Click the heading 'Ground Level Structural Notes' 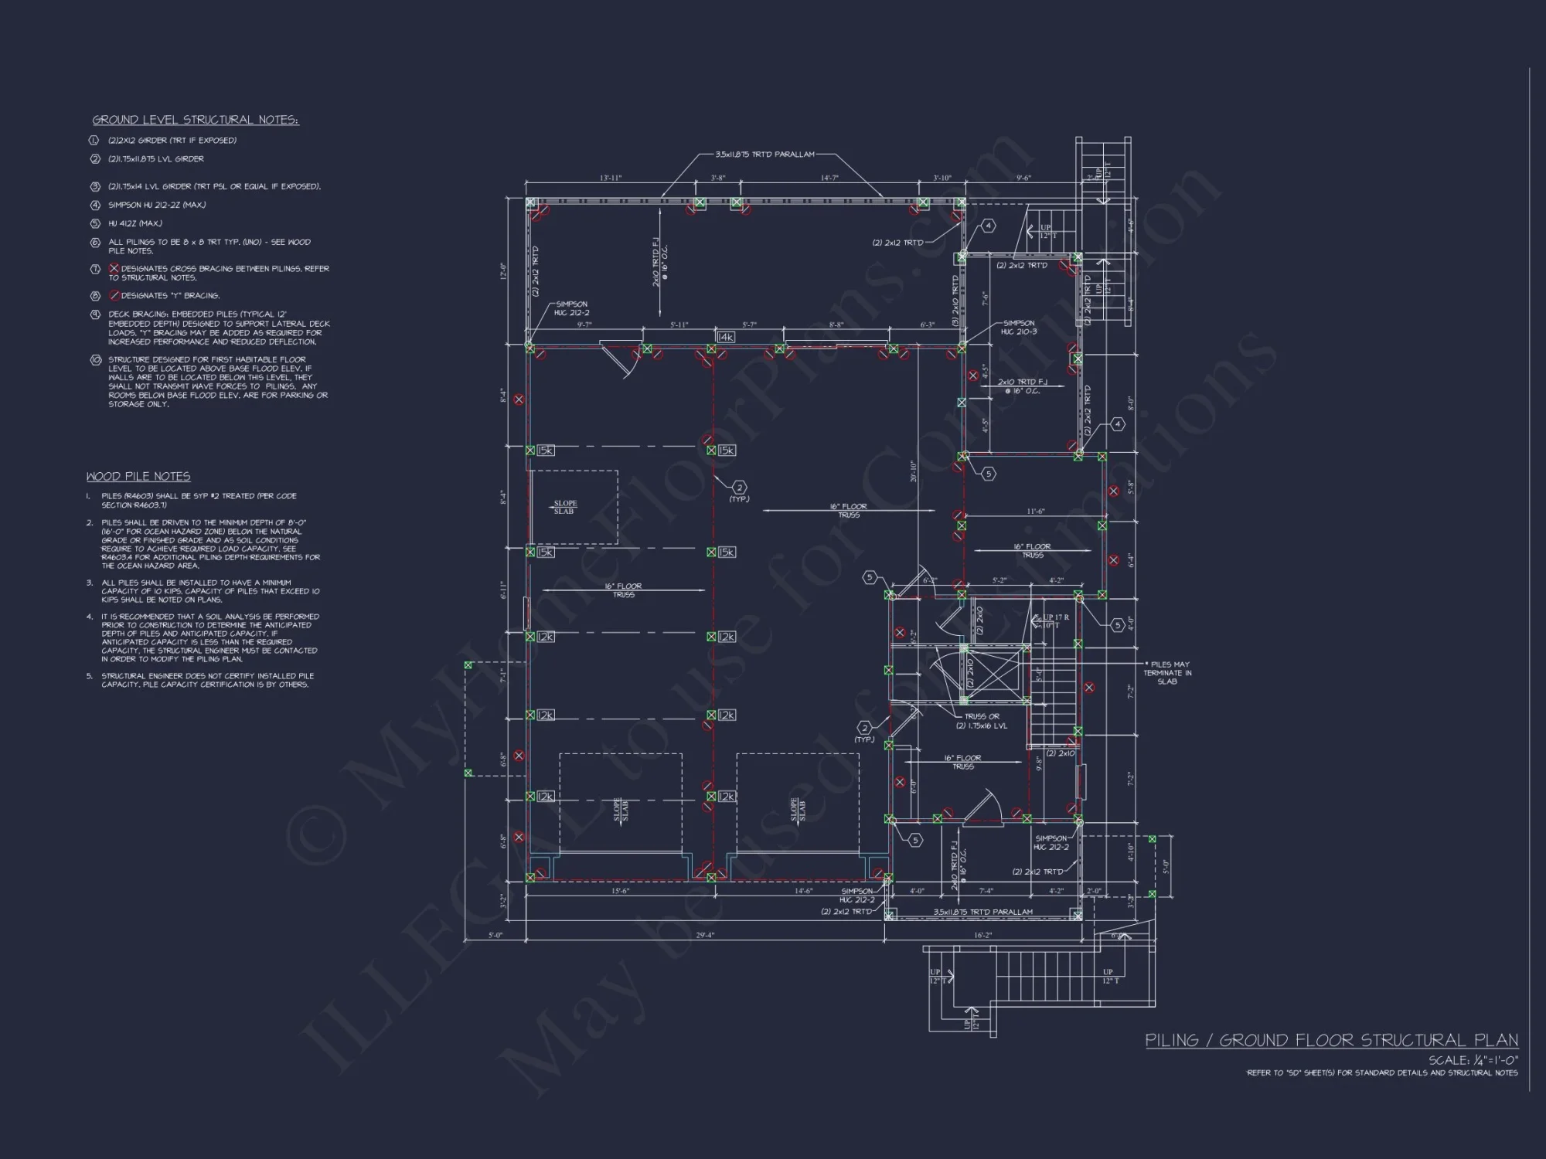coord(196,120)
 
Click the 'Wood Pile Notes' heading coord(138,477)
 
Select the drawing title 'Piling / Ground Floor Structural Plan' coord(1331,1040)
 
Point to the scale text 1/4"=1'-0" coord(1473,1060)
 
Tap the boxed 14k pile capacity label coord(726,337)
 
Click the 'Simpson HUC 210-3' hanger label coord(1019,328)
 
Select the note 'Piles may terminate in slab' coord(1167,673)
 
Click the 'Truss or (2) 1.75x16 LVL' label coord(982,721)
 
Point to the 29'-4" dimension coord(705,935)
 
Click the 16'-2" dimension coord(982,935)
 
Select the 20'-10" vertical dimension coord(913,471)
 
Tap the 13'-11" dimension coord(611,178)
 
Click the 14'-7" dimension coord(829,178)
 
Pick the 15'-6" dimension coord(621,891)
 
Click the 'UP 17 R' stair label coord(1055,617)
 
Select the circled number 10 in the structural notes coord(96,360)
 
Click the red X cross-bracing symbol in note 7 coord(114,268)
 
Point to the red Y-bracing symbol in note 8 coord(114,295)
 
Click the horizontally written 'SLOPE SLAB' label coord(564,508)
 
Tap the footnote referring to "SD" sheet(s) coord(1382,1072)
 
